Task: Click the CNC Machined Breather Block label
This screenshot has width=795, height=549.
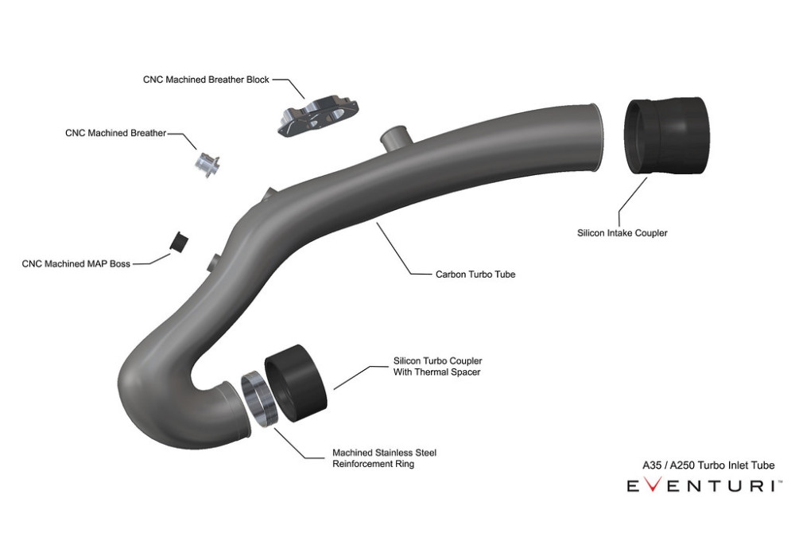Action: pyautogui.click(x=206, y=80)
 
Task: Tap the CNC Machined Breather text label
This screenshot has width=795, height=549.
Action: pyautogui.click(x=115, y=133)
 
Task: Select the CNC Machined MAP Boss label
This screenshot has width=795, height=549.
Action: pyautogui.click(x=76, y=264)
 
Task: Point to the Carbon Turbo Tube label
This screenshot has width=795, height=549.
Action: pyautogui.click(x=475, y=274)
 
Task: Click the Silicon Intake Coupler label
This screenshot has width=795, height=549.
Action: pyautogui.click(x=622, y=233)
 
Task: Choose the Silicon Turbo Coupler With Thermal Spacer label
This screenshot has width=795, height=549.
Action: pyautogui.click(x=437, y=366)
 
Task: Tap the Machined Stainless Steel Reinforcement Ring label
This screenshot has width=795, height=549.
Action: pyautogui.click(x=384, y=458)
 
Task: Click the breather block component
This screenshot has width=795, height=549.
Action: pyautogui.click(x=318, y=115)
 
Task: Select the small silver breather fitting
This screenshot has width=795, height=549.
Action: pyautogui.click(x=207, y=164)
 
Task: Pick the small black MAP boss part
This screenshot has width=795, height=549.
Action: pyautogui.click(x=178, y=242)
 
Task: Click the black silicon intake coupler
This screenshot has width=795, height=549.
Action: pyautogui.click(x=665, y=135)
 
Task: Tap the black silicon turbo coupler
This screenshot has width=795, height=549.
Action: pyautogui.click(x=296, y=383)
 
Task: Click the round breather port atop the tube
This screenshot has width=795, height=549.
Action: pyautogui.click(x=396, y=138)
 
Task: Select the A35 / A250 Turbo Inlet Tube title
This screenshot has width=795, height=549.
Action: pyautogui.click(x=708, y=465)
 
